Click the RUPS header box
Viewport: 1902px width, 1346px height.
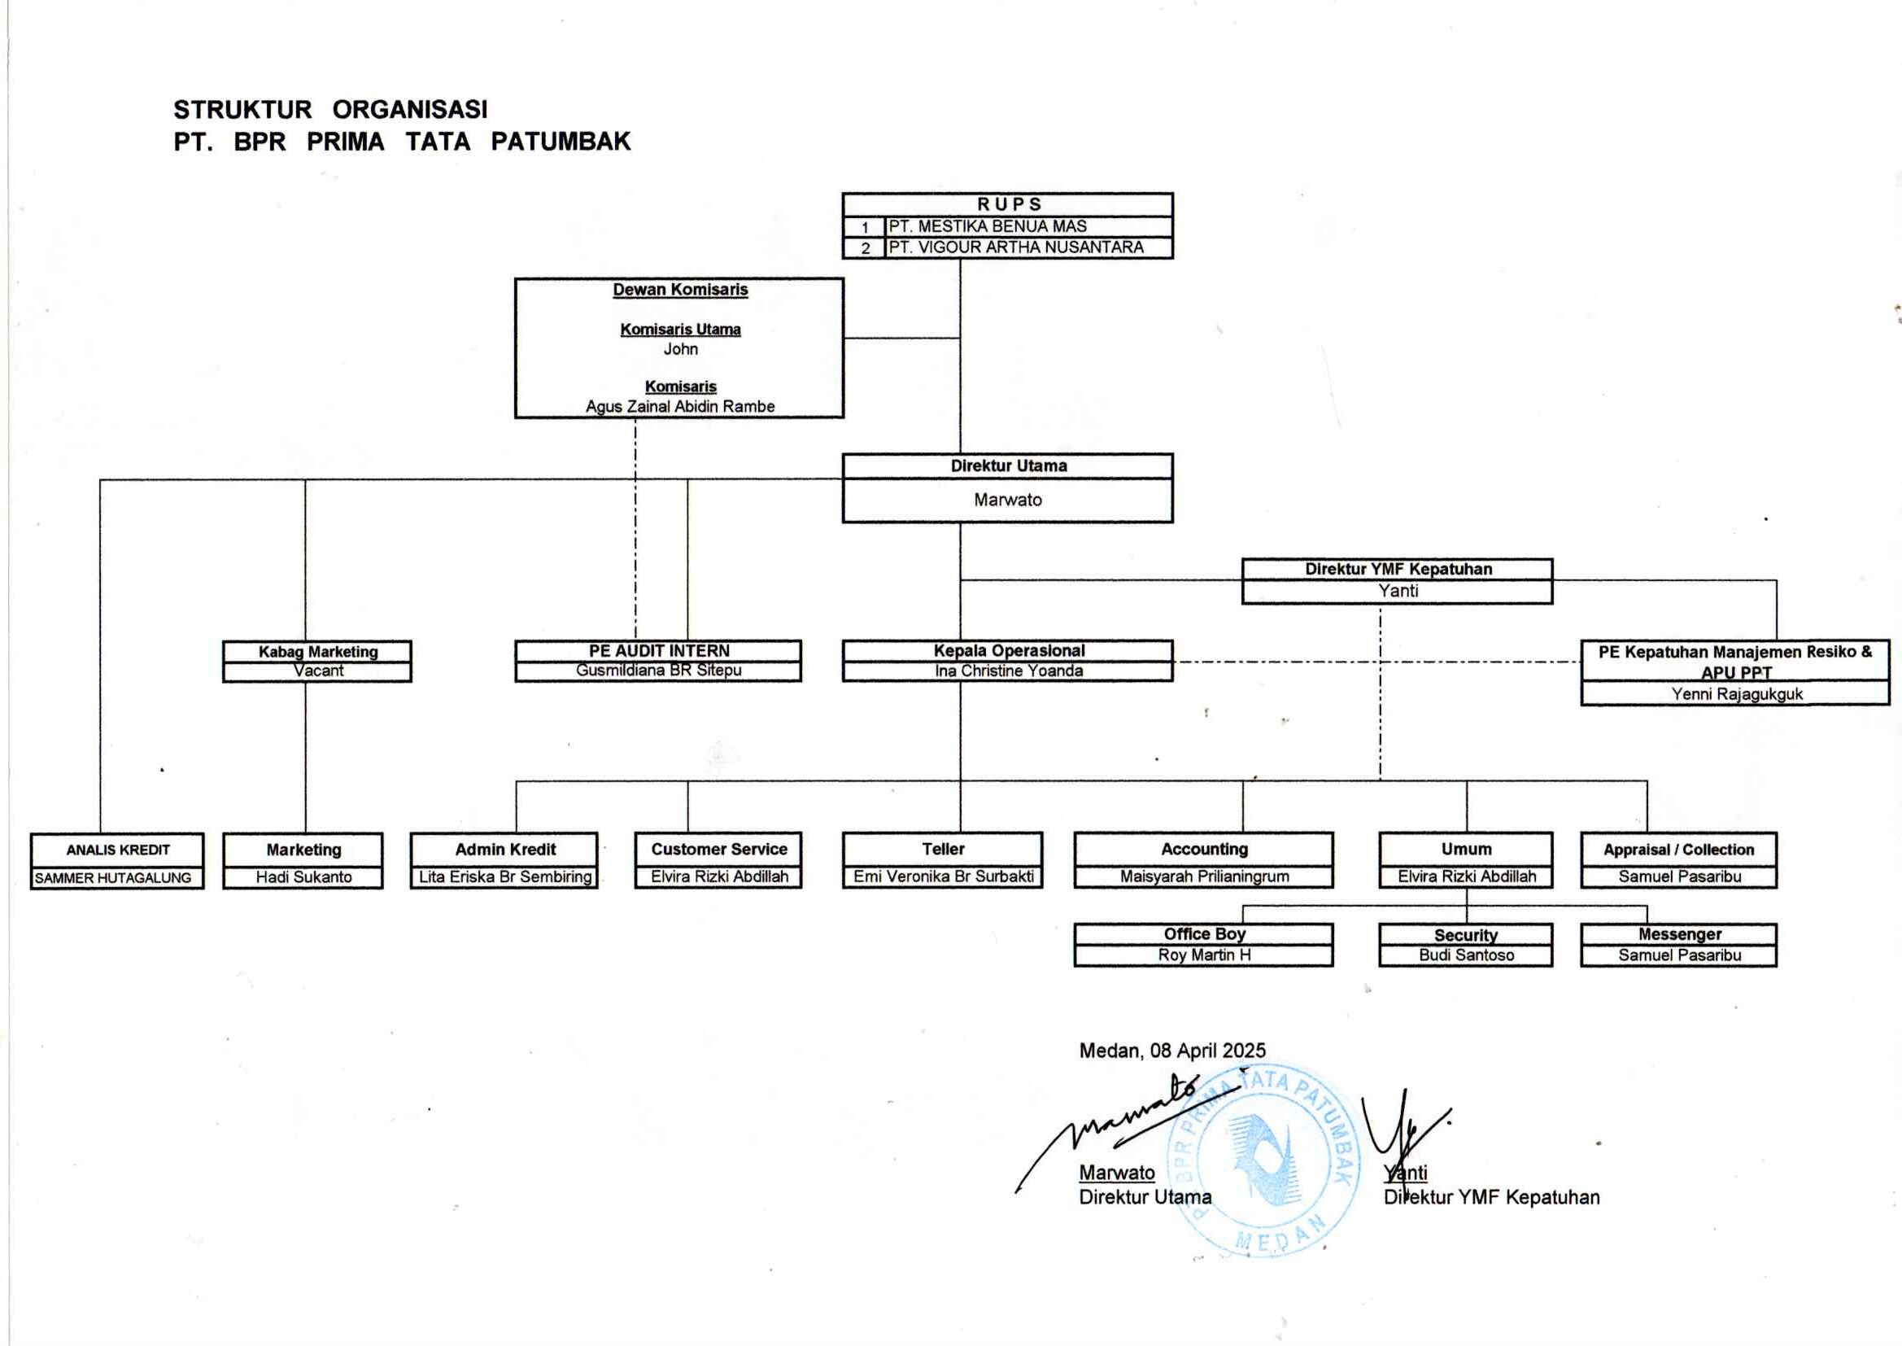[x=1007, y=204]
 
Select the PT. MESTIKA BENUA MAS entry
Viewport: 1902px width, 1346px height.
[x=987, y=226]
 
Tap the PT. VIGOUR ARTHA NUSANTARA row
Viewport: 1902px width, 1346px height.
[x=1015, y=247]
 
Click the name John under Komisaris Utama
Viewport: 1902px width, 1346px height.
[x=680, y=349]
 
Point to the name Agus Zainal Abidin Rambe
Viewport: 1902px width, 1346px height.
[x=680, y=406]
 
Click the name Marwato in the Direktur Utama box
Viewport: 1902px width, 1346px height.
[x=1007, y=500]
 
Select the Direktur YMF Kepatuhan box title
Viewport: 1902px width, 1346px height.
[x=1398, y=569]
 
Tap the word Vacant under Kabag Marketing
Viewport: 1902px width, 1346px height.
[x=317, y=671]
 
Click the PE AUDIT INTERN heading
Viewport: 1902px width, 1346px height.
[x=659, y=651]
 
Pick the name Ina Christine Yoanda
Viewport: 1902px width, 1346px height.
[x=1008, y=671]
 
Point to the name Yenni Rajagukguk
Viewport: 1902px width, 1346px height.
[x=1736, y=693]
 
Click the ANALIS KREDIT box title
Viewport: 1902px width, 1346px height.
[x=118, y=850]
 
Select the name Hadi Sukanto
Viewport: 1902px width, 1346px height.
[x=303, y=877]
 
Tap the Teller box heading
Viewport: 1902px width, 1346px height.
[x=943, y=849]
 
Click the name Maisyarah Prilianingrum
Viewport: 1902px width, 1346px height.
[x=1204, y=876]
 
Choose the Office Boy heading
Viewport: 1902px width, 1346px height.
[x=1204, y=934]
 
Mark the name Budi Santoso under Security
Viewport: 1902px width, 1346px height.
[x=1465, y=955]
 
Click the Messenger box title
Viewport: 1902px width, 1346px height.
[x=1679, y=934]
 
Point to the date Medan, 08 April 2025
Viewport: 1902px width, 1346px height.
[x=1171, y=1051]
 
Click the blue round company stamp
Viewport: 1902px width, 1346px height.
[x=1265, y=1160]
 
